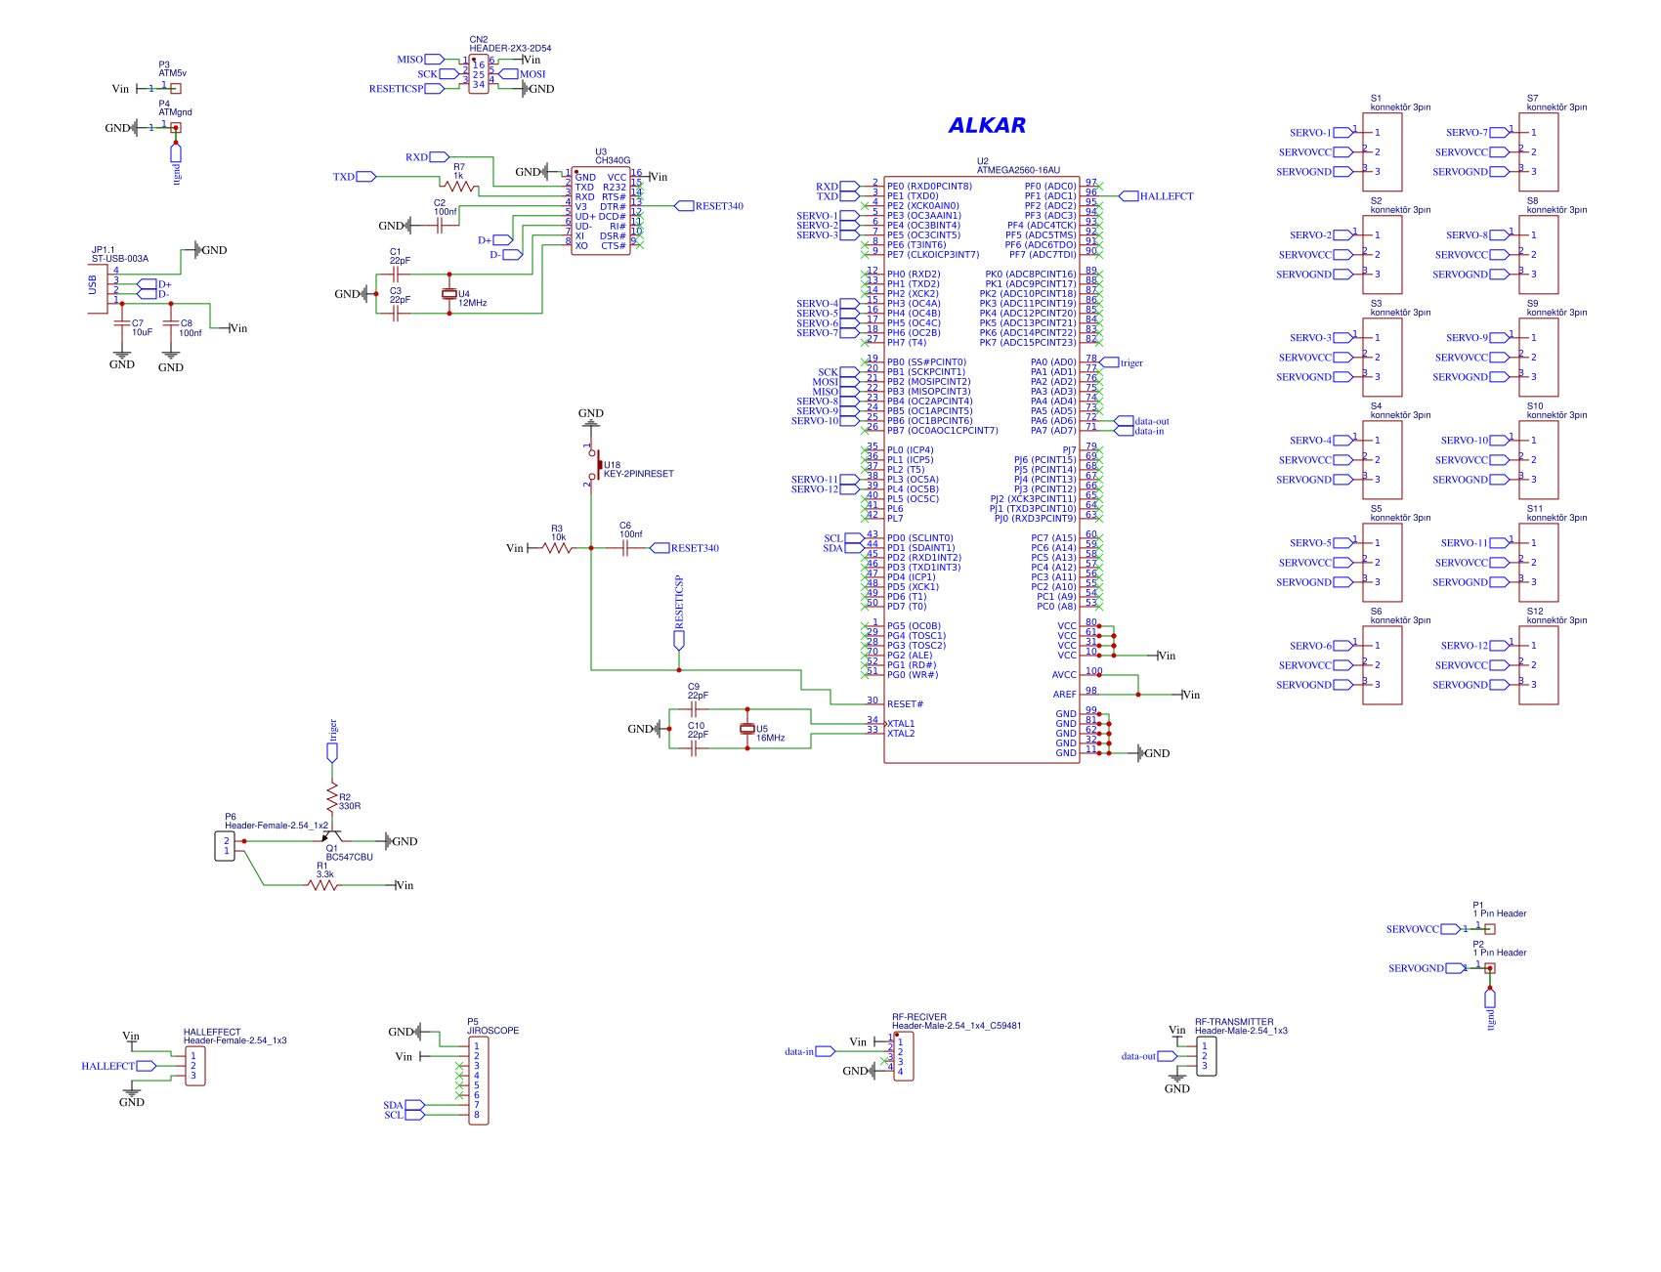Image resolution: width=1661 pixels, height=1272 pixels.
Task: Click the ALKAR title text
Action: pyautogui.click(x=987, y=125)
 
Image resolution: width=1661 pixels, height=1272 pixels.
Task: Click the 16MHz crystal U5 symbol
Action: pyautogui.click(x=747, y=729)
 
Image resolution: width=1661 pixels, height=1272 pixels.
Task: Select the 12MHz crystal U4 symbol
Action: pyautogui.click(x=449, y=294)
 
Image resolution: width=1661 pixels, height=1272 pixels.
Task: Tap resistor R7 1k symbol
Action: pyautogui.click(x=458, y=186)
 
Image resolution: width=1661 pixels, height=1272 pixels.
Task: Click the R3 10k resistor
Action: pyautogui.click(x=558, y=548)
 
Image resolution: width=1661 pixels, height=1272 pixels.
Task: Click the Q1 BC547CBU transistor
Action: pyautogui.click(x=330, y=837)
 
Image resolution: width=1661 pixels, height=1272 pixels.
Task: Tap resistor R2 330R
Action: pyautogui.click(x=332, y=794)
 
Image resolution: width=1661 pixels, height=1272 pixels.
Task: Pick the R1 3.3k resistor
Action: pyautogui.click(x=322, y=885)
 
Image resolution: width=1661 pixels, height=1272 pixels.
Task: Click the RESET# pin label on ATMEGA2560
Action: pyautogui.click(x=905, y=704)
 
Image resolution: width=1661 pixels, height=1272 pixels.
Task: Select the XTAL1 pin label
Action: pyautogui.click(x=901, y=724)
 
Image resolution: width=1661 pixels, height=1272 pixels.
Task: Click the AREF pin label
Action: pyautogui.click(x=1064, y=695)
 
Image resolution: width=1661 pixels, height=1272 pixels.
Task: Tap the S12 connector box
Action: pyautogui.click(x=1538, y=665)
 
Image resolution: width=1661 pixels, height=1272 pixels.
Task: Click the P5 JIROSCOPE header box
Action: pyautogui.click(x=478, y=1081)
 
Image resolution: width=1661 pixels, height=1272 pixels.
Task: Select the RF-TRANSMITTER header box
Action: pyautogui.click(x=1206, y=1056)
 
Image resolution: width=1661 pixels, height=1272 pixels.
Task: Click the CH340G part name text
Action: pyautogui.click(x=613, y=160)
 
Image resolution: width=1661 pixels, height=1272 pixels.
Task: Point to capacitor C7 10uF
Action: pyautogui.click(x=122, y=322)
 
